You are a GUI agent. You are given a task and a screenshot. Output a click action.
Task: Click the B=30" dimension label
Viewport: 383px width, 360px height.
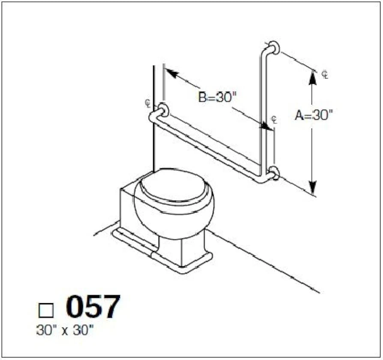click(x=217, y=97)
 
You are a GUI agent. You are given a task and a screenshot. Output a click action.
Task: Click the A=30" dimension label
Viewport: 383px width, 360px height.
click(x=314, y=115)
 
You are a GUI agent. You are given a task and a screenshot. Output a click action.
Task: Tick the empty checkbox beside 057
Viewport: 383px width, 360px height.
click(x=46, y=310)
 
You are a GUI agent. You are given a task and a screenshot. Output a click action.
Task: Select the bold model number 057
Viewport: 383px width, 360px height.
click(x=93, y=306)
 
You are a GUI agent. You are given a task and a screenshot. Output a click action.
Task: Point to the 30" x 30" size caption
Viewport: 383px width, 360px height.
click(x=65, y=330)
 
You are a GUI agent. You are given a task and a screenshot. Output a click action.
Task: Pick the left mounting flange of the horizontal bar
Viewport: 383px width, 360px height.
click(x=163, y=110)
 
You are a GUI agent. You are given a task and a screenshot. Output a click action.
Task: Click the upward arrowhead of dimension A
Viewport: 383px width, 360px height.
click(x=312, y=77)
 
